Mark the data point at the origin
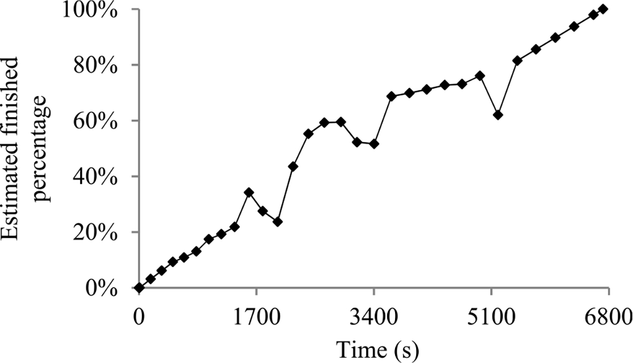139,288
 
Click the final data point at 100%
603,9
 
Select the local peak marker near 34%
249,193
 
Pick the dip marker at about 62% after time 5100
498,115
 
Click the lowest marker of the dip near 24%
277,222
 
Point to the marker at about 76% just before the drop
480,76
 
